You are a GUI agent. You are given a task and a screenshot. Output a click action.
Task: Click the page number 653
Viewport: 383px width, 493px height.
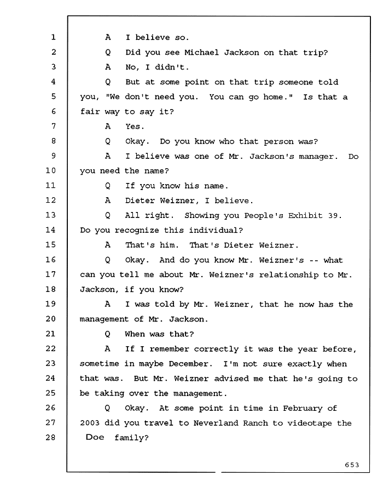(352, 465)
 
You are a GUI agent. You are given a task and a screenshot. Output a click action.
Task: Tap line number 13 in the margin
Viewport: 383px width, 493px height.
(50, 215)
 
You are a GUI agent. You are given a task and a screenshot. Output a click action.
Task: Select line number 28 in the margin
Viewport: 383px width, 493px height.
(50, 437)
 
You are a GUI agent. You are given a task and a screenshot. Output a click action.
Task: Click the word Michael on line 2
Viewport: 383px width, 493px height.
(201, 52)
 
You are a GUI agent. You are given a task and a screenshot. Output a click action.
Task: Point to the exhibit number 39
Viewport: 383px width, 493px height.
(333, 216)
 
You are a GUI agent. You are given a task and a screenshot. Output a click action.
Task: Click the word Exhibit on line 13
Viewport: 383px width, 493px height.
(305, 216)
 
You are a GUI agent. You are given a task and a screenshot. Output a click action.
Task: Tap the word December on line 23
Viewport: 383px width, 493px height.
(188, 364)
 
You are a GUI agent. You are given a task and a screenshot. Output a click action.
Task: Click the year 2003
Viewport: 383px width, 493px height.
(90, 423)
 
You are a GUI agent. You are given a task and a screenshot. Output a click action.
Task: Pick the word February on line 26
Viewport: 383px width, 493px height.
(303, 409)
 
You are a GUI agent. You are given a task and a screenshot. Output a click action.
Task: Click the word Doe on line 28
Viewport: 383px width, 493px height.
(95, 437)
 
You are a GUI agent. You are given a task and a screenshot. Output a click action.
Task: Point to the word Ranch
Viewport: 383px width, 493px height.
(256, 423)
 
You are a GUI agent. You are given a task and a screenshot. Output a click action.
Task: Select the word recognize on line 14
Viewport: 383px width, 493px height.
(137, 231)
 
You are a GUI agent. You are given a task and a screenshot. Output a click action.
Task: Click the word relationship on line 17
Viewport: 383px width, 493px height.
(288, 275)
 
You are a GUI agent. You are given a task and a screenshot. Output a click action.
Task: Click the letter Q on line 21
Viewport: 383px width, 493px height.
(107, 334)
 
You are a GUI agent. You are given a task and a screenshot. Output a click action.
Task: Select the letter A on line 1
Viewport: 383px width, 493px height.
(108, 37)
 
